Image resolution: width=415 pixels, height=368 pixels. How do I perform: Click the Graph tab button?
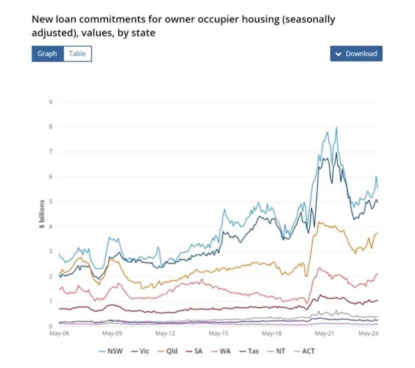pos(47,54)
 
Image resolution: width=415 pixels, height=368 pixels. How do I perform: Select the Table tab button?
pos(77,54)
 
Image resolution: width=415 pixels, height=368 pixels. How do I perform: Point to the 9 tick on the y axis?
pos(51,102)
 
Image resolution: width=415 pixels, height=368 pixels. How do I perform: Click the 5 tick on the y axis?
pos(51,202)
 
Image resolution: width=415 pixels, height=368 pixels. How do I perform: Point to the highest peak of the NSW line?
pos(336,127)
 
